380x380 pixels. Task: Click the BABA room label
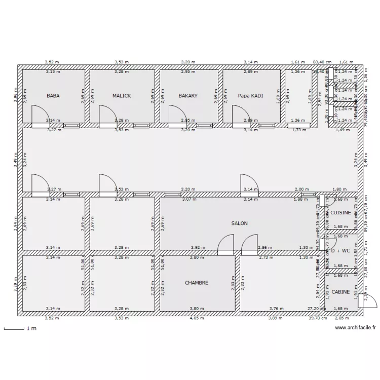click(x=53, y=95)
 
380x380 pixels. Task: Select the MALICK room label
click(x=122, y=95)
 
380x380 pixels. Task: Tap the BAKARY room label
click(x=188, y=95)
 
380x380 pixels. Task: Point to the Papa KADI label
click(x=250, y=95)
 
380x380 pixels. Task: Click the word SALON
click(x=239, y=223)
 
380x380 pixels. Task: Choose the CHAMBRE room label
click(x=197, y=283)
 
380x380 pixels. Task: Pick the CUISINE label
click(x=341, y=213)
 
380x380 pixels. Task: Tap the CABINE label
click(x=340, y=292)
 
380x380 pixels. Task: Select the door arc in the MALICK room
click(x=106, y=115)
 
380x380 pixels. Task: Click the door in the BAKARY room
click(x=176, y=115)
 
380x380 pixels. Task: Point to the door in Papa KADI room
click(x=239, y=115)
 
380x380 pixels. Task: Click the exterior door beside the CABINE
click(x=369, y=301)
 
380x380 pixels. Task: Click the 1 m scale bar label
click(x=31, y=329)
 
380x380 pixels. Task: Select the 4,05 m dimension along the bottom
click(x=195, y=318)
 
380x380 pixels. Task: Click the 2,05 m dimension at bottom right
click(x=342, y=318)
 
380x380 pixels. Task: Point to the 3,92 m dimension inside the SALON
click(x=198, y=247)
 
